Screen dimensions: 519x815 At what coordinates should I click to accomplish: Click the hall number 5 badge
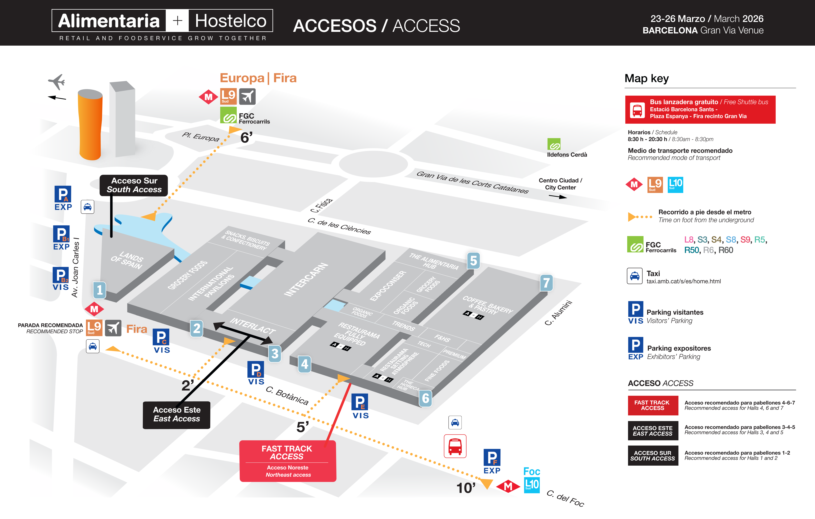473,261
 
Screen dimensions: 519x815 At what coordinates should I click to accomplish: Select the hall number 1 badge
100,290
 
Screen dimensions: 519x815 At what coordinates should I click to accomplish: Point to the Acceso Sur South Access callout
134,185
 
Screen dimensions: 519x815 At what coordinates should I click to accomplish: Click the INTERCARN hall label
306,280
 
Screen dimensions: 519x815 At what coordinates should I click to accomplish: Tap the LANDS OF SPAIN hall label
127,260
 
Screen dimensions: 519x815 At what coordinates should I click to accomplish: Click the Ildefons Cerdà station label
567,154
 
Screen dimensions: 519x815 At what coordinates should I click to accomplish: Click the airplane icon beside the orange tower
57,82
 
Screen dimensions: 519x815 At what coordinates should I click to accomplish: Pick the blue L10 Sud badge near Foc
532,485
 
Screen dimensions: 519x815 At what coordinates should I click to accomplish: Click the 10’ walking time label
466,488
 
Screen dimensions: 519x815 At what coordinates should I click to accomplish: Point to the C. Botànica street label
287,395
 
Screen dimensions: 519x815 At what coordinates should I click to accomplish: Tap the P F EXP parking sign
492,461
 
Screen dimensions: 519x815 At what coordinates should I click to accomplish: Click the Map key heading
646,78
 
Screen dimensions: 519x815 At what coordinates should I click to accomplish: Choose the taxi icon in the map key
635,276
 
